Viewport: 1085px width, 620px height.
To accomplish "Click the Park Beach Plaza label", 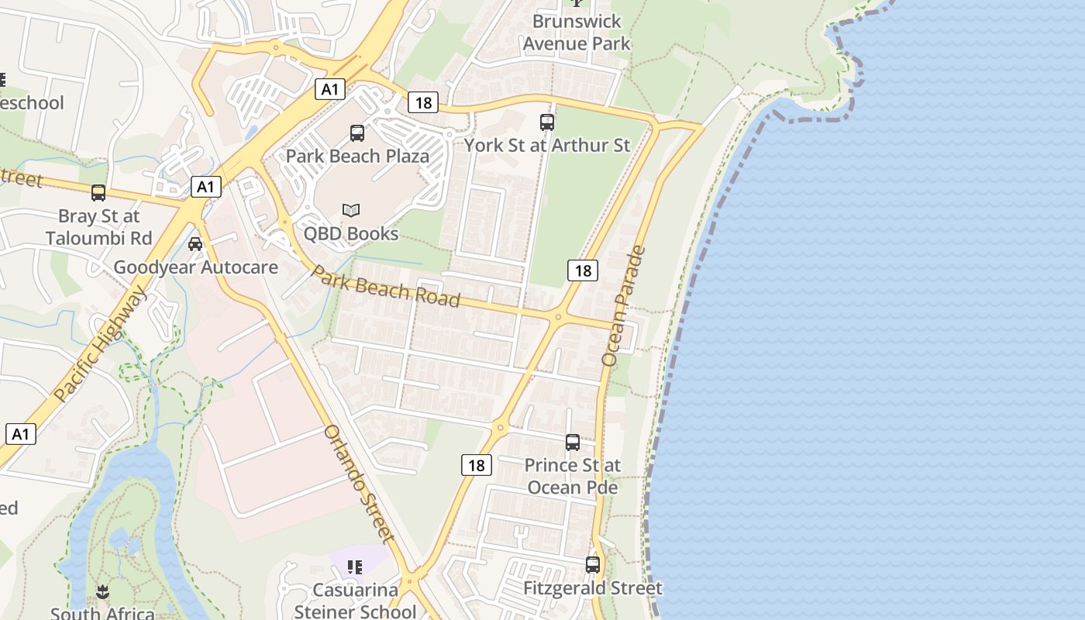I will click(x=357, y=156).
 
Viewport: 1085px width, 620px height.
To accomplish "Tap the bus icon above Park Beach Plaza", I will click(x=357, y=133).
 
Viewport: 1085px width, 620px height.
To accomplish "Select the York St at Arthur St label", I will click(x=547, y=145).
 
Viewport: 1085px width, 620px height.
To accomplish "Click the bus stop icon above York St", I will click(x=547, y=122).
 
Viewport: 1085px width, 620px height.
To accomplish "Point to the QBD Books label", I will click(x=351, y=233).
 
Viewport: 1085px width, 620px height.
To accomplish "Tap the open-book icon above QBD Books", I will click(x=351, y=210).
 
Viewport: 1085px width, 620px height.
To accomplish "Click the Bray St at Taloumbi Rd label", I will click(x=98, y=226).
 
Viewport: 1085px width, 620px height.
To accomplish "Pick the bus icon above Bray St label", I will click(x=98, y=193).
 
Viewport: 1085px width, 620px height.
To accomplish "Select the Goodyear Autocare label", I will click(x=195, y=267).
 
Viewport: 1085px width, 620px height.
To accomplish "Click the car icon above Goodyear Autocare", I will click(x=195, y=244).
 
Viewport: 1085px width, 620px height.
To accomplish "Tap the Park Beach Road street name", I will click(x=386, y=287).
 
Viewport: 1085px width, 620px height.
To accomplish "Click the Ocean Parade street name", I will click(x=623, y=305).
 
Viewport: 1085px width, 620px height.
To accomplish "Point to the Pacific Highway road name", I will click(x=101, y=344).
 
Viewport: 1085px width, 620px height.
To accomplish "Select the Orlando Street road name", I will click(x=360, y=483).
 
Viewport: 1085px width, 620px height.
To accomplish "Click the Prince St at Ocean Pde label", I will click(x=573, y=476).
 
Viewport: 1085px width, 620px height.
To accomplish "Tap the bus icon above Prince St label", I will click(x=573, y=443).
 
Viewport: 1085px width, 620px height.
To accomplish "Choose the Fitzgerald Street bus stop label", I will click(x=593, y=588).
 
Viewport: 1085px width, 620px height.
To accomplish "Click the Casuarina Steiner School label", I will click(x=356, y=601).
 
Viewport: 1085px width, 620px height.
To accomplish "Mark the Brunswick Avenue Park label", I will click(x=577, y=32).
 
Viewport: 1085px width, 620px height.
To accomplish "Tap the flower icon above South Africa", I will click(x=102, y=594).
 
